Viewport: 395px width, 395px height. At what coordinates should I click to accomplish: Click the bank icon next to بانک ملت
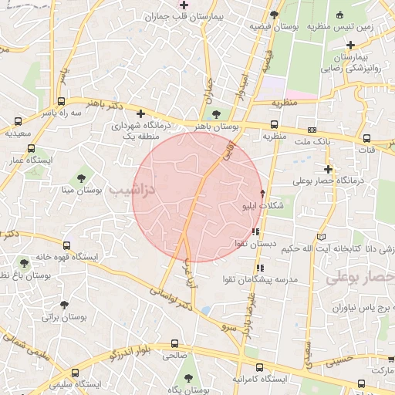pyautogui.click(x=312, y=130)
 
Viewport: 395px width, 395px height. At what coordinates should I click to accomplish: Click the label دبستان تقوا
pyautogui.click(x=256, y=244)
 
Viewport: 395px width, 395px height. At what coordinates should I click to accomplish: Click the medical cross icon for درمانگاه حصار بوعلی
pyautogui.click(x=329, y=168)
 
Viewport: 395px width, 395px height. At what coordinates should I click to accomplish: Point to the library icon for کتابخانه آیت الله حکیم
pyautogui.click(x=321, y=235)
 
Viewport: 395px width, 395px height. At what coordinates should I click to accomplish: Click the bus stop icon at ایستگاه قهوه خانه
pyautogui.click(x=23, y=263)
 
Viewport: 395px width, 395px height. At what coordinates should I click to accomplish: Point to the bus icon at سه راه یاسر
pyautogui.click(x=19, y=121)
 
